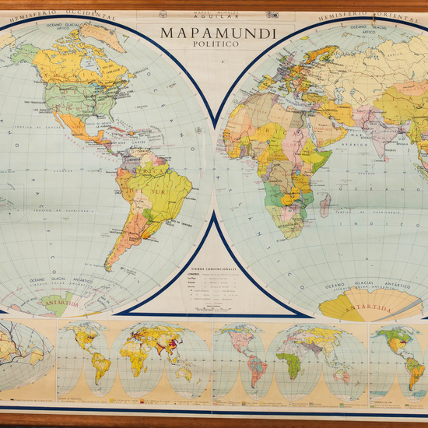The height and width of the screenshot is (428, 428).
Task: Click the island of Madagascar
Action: coord(325,205)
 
